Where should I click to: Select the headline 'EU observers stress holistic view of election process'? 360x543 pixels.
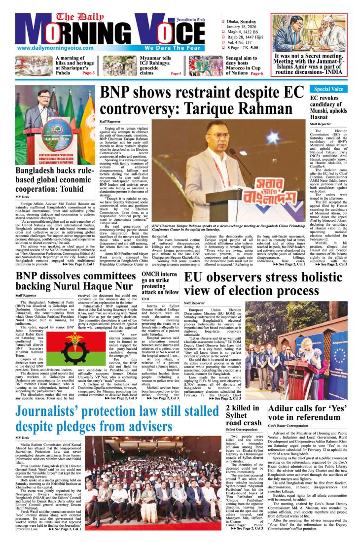[x=269, y=283]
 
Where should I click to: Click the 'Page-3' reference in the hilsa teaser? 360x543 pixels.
[x=88, y=73]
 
